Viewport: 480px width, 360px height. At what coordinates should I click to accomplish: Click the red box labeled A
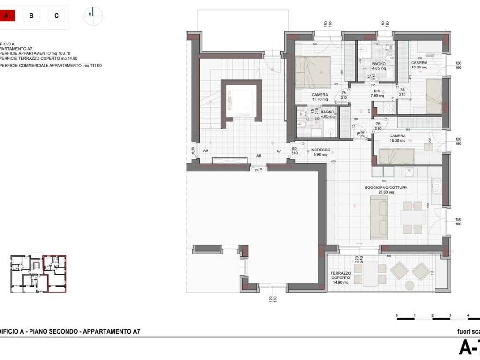click(x=7, y=15)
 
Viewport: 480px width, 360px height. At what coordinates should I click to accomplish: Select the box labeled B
click(x=31, y=15)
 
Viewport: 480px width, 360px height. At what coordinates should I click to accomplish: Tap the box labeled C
click(x=56, y=15)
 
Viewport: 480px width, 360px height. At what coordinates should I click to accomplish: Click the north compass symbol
click(x=93, y=15)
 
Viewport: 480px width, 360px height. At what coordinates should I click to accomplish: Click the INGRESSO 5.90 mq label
click(x=321, y=152)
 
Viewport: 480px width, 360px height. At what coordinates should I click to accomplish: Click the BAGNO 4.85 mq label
click(x=379, y=66)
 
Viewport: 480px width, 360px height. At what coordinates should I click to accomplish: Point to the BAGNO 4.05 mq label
click(x=327, y=114)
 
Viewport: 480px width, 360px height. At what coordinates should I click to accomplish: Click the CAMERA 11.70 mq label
click(x=320, y=97)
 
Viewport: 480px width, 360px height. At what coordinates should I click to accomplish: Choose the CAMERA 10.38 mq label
click(x=419, y=65)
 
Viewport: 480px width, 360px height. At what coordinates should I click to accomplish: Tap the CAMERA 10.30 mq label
click(x=397, y=138)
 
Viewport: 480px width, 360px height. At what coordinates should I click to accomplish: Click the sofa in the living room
click(x=379, y=218)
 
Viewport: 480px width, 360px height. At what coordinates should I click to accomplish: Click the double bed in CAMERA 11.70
click(x=313, y=71)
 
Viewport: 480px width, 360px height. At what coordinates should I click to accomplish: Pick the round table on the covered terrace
click(x=409, y=285)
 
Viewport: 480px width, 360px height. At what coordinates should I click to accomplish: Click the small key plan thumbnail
click(x=38, y=274)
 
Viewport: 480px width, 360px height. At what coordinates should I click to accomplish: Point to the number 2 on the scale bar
click(x=432, y=315)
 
